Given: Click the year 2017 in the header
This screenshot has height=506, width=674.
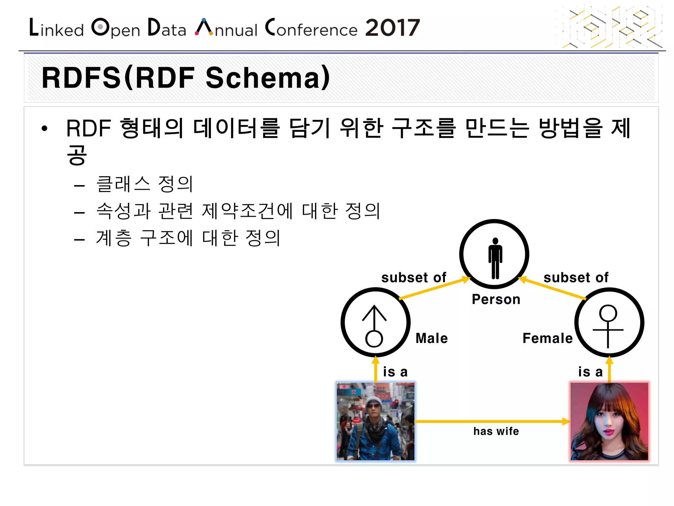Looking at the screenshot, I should [392, 28].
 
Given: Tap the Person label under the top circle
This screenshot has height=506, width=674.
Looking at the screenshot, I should [496, 299].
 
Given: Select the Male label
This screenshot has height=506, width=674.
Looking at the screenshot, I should [431, 338].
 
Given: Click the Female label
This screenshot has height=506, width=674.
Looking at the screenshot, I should [547, 338].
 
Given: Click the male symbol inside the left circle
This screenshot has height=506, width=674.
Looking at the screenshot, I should [374, 326].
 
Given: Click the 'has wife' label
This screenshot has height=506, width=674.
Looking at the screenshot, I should [496, 431].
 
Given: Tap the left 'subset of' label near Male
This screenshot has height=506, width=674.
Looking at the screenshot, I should [414, 278].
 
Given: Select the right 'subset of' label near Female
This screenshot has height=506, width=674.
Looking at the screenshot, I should [576, 278].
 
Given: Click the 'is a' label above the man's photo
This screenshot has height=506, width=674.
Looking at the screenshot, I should [395, 372].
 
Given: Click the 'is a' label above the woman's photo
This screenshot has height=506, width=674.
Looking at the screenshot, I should [590, 372].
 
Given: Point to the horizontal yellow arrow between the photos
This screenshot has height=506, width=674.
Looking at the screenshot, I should [490, 421].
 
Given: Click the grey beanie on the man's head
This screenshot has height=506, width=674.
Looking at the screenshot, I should [374, 401].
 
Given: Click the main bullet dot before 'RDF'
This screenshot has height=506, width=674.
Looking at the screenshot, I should [44, 128].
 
